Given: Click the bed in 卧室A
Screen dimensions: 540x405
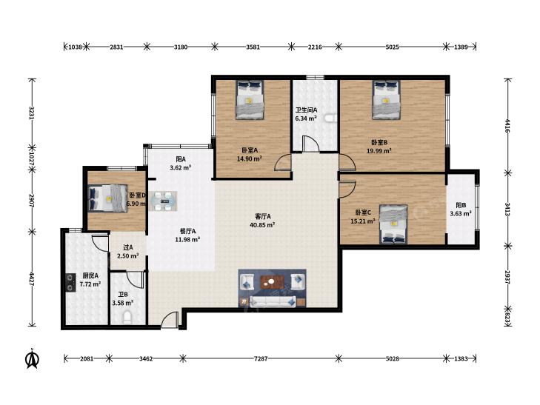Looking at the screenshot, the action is point(250,100).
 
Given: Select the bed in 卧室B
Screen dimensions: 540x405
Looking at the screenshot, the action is point(386,100).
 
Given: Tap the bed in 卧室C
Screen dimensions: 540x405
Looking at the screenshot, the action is point(393,224).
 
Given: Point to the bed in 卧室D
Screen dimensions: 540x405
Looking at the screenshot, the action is point(108,198).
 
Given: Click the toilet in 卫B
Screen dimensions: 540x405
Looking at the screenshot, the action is point(127,317).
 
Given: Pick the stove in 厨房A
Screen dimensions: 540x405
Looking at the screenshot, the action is point(70,283).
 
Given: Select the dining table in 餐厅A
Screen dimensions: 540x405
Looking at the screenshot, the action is point(163,201).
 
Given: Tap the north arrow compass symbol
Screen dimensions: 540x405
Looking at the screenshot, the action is point(33,359).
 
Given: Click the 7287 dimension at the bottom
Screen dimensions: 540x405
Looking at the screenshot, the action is point(261,358).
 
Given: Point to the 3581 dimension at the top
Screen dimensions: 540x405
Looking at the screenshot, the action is point(253,47).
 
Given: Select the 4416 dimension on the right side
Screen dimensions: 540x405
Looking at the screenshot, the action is point(507,126).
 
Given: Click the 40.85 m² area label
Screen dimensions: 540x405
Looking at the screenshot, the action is point(262,225).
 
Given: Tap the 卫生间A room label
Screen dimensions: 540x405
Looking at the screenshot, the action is point(306,110).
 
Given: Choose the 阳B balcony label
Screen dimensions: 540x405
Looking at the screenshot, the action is point(461,205).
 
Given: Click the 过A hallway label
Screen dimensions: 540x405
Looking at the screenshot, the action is point(127,247).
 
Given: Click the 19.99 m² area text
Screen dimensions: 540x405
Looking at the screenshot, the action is point(379,151).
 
